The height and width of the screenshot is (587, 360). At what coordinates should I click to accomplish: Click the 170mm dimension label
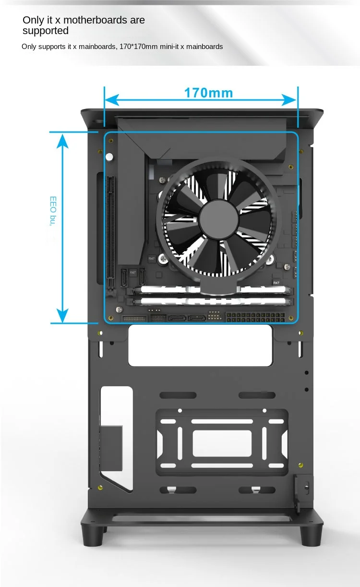coord(208,93)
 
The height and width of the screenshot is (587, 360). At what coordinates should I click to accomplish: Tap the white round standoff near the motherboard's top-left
coord(109,157)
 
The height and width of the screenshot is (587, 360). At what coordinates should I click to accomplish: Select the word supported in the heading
coord(46,31)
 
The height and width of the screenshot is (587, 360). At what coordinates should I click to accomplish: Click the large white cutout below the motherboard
coord(200,345)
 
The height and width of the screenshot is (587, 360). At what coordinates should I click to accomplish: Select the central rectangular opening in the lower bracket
coord(222,443)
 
